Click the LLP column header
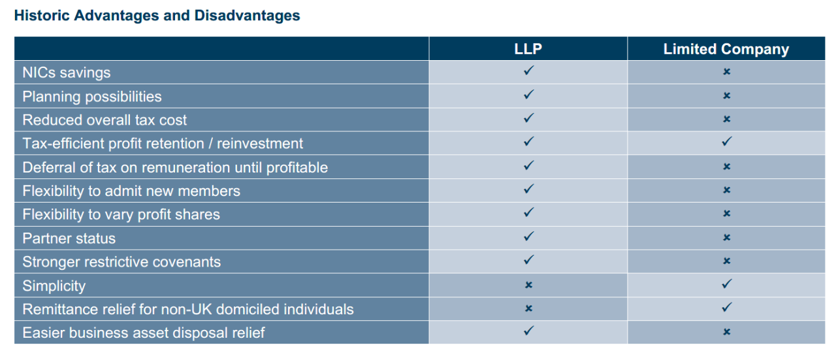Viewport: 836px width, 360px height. pos(528,49)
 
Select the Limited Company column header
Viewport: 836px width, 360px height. pos(726,49)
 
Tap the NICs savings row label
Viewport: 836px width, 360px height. pos(67,73)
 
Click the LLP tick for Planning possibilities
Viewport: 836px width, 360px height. pos(529,95)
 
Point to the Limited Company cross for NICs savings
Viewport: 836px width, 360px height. pos(727,71)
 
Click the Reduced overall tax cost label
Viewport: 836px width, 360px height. pos(104,120)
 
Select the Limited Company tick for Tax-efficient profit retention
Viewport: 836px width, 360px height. pos(727,142)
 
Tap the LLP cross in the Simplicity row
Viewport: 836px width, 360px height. pos(528,285)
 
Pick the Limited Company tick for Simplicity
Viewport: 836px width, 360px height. pos(727,284)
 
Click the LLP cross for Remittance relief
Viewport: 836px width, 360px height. pos(528,308)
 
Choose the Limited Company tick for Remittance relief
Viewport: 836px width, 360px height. pos(727,307)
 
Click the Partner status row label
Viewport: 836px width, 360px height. pos(69,238)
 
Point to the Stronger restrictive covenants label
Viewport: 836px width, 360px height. pos(121,262)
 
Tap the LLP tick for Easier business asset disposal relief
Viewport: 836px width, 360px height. pos(529,331)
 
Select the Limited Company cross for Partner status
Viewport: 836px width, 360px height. pos(727,238)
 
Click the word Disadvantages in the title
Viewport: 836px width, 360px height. pos(247,16)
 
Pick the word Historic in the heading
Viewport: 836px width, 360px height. pos(42,16)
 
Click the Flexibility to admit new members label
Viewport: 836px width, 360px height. pos(131,191)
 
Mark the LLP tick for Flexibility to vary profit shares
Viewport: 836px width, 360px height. pos(529,212)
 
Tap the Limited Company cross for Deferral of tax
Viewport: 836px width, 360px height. pos(727,167)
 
